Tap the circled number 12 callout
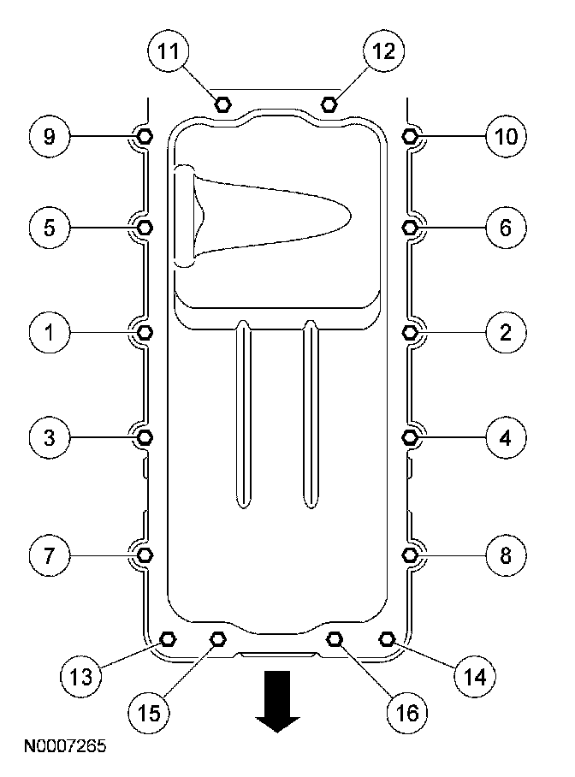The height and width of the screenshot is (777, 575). (378, 51)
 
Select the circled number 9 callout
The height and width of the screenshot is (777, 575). (50, 136)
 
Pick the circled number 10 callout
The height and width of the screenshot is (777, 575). (505, 136)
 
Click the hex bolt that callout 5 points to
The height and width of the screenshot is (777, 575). (145, 227)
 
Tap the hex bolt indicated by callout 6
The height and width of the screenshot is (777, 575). (410, 227)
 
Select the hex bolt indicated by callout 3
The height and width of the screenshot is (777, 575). (145, 437)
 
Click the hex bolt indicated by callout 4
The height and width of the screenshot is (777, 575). (410, 437)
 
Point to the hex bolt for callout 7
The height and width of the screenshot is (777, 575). (145, 555)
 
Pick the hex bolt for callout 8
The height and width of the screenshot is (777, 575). (410, 555)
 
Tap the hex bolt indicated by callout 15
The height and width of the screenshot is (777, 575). (217, 638)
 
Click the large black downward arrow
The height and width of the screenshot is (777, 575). (278, 700)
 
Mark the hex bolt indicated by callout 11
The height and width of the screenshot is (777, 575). (222, 104)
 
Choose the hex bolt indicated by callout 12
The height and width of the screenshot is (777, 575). (329, 104)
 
